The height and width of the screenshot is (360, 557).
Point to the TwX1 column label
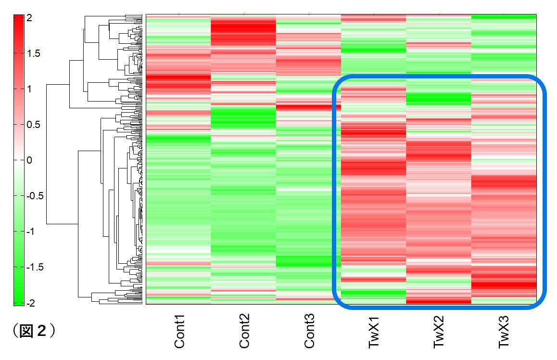pyautogui.click(x=374, y=333)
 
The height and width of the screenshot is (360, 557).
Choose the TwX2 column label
pyautogui.click(x=439, y=333)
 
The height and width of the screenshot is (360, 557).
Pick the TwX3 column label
pyautogui.click(x=503, y=333)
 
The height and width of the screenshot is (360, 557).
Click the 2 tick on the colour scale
pyautogui.click(x=29, y=18)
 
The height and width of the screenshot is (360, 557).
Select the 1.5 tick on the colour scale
pyautogui.click(x=33, y=53)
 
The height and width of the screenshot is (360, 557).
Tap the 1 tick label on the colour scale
pyautogui.click(x=29, y=89)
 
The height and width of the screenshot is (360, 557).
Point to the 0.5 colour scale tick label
pyautogui.click(x=33, y=125)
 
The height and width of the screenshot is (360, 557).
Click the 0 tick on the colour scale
pyautogui.click(x=29, y=160)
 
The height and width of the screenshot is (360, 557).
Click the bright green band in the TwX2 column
pyautogui.click(x=438, y=99)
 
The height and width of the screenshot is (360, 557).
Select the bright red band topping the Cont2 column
pyautogui.click(x=243, y=32)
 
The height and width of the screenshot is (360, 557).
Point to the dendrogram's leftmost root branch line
pyautogui.click(x=47, y=154)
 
